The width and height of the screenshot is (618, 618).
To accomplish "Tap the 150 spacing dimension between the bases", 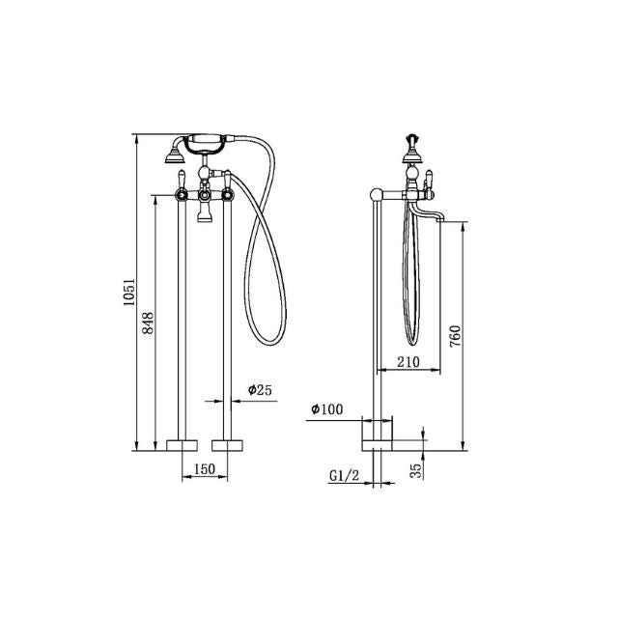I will [x=205, y=469].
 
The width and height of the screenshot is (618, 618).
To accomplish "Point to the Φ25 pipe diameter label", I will [x=260, y=390].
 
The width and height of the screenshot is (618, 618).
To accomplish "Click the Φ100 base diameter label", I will [x=326, y=409].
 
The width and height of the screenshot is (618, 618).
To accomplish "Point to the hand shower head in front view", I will [x=175, y=151].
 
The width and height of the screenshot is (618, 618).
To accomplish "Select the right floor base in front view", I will [x=230, y=445].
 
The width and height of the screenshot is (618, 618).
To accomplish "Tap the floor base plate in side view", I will [x=378, y=445].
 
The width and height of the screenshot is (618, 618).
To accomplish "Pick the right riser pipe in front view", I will [x=230, y=319].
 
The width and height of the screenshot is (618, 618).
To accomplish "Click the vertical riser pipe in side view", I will [x=378, y=319].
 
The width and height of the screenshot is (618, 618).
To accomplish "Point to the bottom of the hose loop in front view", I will [x=266, y=340].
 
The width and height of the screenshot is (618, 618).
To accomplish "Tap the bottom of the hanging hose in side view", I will [x=412, y=343].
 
